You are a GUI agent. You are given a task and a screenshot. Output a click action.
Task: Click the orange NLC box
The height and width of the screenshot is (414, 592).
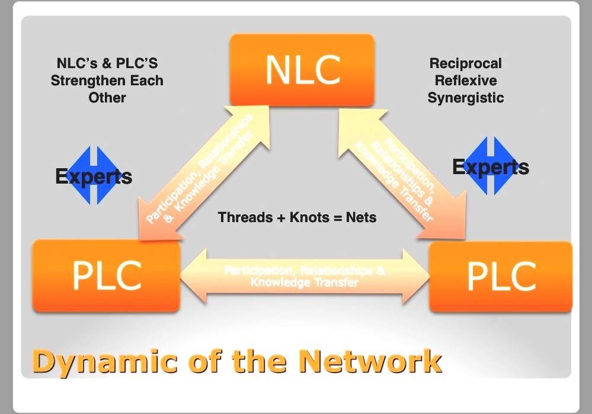(x=302, y=70)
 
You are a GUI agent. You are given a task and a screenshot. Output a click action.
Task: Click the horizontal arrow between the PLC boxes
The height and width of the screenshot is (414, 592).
(x=304, y=276)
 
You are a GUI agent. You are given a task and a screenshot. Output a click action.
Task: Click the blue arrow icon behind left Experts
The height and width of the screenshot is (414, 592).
(x=94, y=175)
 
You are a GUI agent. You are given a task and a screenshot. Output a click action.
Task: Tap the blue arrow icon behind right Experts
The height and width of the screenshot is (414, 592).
(x=491, y=166)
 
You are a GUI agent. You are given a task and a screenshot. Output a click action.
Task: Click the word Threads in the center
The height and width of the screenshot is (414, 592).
(x=244, y=217)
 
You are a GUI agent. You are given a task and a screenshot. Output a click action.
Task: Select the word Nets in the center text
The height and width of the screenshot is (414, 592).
(x=361, y=217)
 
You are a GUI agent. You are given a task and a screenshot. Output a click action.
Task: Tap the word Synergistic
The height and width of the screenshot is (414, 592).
(x=465, y=98)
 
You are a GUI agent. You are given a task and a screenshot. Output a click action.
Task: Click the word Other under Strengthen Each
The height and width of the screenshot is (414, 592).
(x=107, y=98)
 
